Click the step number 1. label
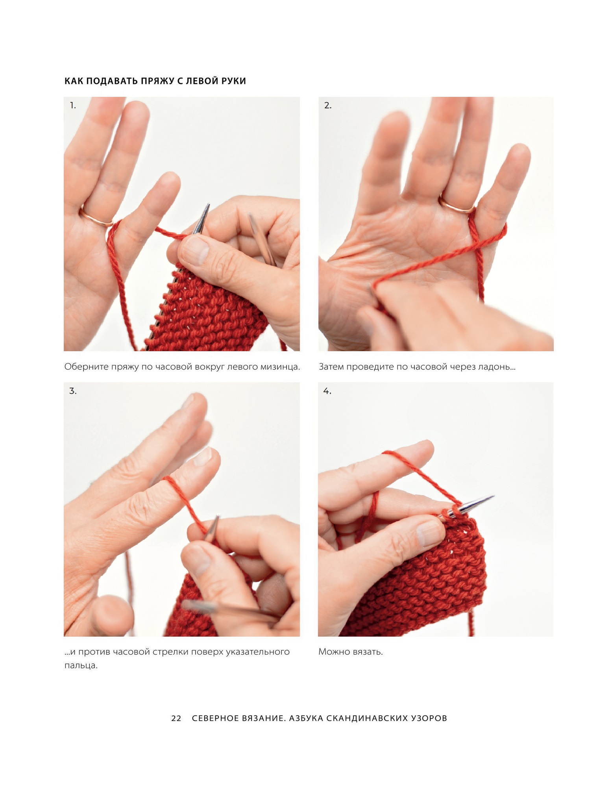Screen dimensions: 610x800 click(x=73, y=106)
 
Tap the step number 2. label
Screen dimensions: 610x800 click(x=328, y=106)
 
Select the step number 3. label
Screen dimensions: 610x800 click(x=73, y=391)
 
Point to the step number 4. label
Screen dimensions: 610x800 click(x=327, y=391)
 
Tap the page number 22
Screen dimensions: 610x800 click(x=176, y=718)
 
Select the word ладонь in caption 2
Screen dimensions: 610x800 click(x=497, y=367)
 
